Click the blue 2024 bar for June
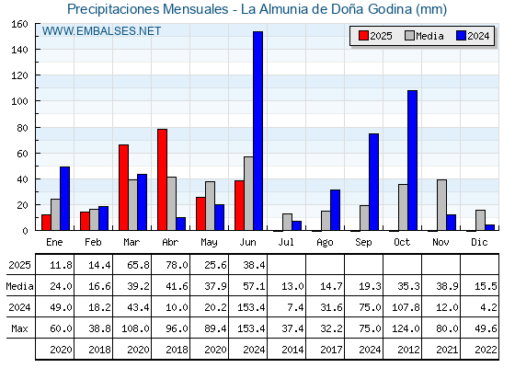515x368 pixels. [x=257, y=131]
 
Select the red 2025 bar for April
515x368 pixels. [x=162, y=179]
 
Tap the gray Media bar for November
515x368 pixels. [x=441, y=205]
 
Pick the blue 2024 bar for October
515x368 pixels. [x=413, y=160]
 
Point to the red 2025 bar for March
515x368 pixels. [x=124, y=188]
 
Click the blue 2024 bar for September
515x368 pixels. [x=373, y=182]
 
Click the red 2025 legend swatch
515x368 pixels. [x=363, y=36]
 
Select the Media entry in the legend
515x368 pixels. [x=424, y=36]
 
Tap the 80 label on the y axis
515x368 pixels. [x=23, y=128]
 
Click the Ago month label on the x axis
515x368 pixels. [x=325, y=243]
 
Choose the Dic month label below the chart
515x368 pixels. [x=479, y=242]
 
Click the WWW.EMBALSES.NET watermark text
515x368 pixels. [x=101, y=31]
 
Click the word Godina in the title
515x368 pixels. [x=390, y=9]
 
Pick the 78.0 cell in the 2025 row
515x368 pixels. [x=177, y=265]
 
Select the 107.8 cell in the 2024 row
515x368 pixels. [x=406, y=307]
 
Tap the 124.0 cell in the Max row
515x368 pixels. [x=406, y=328]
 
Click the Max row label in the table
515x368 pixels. [x=19, y=328]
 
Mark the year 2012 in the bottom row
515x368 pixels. [x=409, y=350]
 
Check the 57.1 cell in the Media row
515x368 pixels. [x=255, y=286]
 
